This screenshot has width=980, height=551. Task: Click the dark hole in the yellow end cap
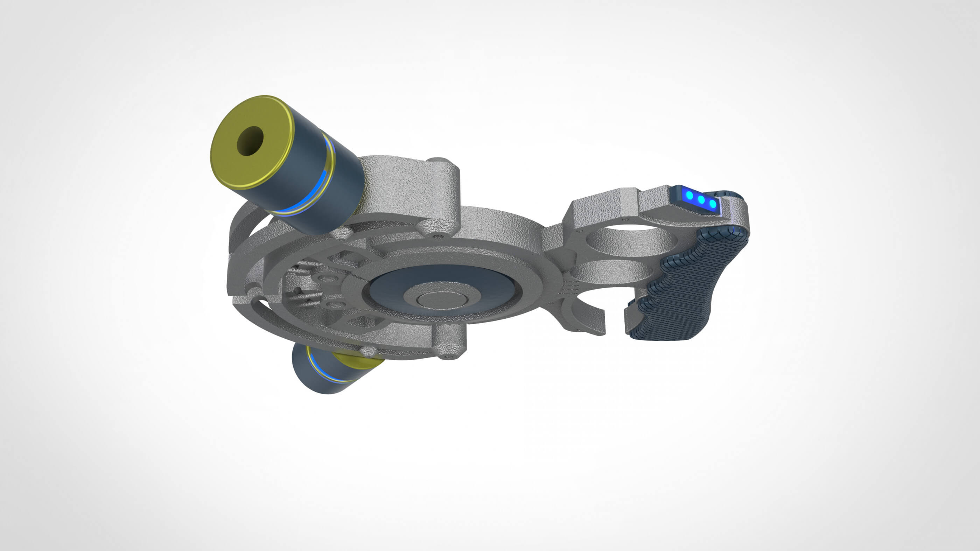(250, 141)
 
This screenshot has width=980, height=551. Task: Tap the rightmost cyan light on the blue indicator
(713, 204)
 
